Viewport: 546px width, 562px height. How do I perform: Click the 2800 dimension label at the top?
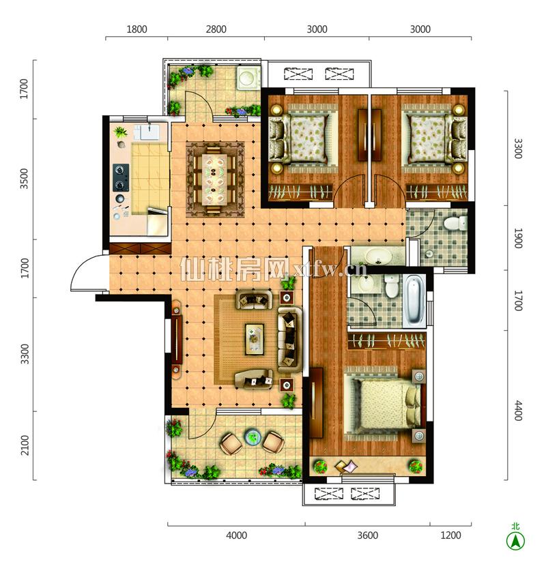pyautogui.click(x=216, y=29)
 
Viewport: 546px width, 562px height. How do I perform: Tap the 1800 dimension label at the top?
pyautogui.click(x=136, y=29)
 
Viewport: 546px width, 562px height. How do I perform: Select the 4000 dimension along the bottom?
pyautogui.click(x=236, y=535)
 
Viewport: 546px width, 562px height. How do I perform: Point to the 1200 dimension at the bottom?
pyautogui.click(x=450, y=535)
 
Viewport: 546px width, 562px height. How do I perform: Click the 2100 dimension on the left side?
pyautogui.click(x=25, y=445)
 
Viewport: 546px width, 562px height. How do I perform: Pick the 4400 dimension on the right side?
pyautogui.click(x=517, y=411)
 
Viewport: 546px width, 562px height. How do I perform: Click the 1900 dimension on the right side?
pyautogui.click(x=517, y=238)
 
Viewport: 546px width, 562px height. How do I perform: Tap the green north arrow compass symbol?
pyautogui.click(x=515, y=539)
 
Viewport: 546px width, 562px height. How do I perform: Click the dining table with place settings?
pyautogui.click(x=215, y=179)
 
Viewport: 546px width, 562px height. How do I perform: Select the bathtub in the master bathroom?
pyautogui.click(x=414, y=300)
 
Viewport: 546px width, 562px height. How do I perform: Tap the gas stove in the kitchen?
pyautogui.click(x=121, y=178)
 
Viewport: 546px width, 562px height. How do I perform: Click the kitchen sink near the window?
pyautogui.click(x=149, y=131)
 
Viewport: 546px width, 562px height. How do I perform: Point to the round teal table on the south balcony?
pyautogui.click(x=253, y=437)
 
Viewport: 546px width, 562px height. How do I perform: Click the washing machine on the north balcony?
pyautogui.click(x=248, y=77)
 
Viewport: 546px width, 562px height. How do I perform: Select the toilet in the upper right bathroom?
pyautogui.click(x=455, y=223)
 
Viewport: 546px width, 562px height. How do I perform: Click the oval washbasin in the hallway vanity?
pyautogui.click(x=379, y=256)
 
